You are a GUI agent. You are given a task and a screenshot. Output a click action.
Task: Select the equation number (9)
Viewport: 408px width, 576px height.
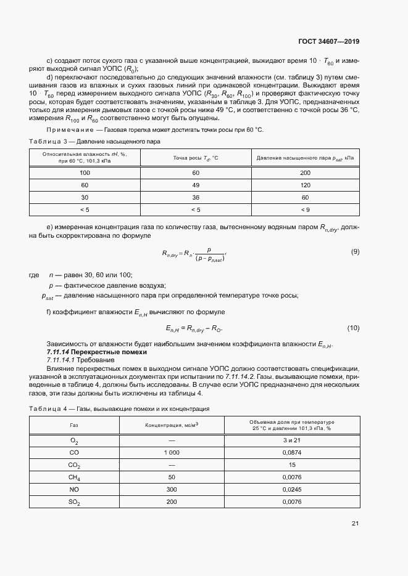click(355, 251)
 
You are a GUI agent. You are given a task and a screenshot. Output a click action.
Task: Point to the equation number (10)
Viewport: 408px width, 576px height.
click(353, 328)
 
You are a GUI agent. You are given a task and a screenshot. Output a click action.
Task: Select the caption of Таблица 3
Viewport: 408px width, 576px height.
click(94, 141)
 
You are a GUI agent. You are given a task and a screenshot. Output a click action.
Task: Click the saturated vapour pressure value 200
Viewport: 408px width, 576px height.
click(305, 173)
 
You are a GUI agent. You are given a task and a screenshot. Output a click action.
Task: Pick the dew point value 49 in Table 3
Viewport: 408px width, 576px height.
click(196, 185)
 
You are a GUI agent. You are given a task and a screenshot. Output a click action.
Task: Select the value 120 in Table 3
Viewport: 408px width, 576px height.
click(305, 185)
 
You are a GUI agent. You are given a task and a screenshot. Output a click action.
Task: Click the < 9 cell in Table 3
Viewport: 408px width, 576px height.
click(305, 210)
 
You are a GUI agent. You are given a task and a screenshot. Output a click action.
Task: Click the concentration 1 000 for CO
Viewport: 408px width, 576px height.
click(172, 453)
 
